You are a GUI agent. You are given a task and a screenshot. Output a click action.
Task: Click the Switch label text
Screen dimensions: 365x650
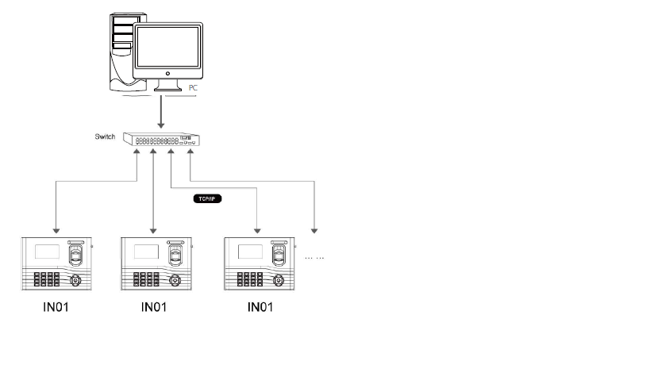(x=106, y=136)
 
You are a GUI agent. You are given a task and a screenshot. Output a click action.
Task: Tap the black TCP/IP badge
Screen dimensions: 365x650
(x=206, y=199)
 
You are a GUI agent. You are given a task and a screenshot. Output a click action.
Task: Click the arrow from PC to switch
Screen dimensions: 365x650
(x=161, y=111)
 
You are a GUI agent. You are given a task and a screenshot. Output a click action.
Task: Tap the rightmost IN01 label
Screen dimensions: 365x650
(x=262, y=305)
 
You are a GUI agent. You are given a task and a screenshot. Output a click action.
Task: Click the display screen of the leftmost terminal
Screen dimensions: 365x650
(x=44, y=253)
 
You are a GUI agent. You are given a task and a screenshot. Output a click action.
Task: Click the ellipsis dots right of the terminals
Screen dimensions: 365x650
(x=315, y=257)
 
